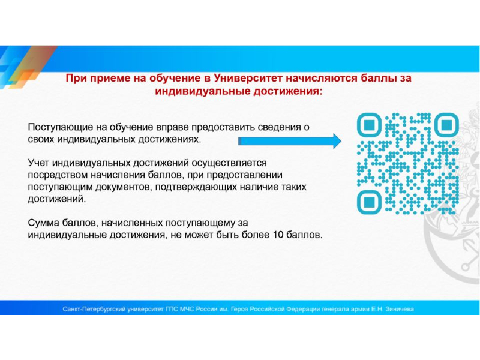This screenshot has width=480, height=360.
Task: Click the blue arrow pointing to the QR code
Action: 290,141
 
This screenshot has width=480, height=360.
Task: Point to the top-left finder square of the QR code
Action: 369,125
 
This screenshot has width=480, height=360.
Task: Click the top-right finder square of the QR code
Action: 446,125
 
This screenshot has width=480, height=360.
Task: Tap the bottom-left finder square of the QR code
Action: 369,202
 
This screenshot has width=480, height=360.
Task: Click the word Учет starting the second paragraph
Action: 38,163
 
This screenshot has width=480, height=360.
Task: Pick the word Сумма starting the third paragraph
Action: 43,223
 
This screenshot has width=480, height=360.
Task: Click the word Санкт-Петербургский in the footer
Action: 94,309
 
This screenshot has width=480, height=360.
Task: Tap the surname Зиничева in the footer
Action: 400,309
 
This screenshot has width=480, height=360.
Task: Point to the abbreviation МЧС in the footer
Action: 187,309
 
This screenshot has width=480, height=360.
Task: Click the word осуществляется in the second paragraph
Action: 229,163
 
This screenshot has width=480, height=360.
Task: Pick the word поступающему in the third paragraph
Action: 200,223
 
